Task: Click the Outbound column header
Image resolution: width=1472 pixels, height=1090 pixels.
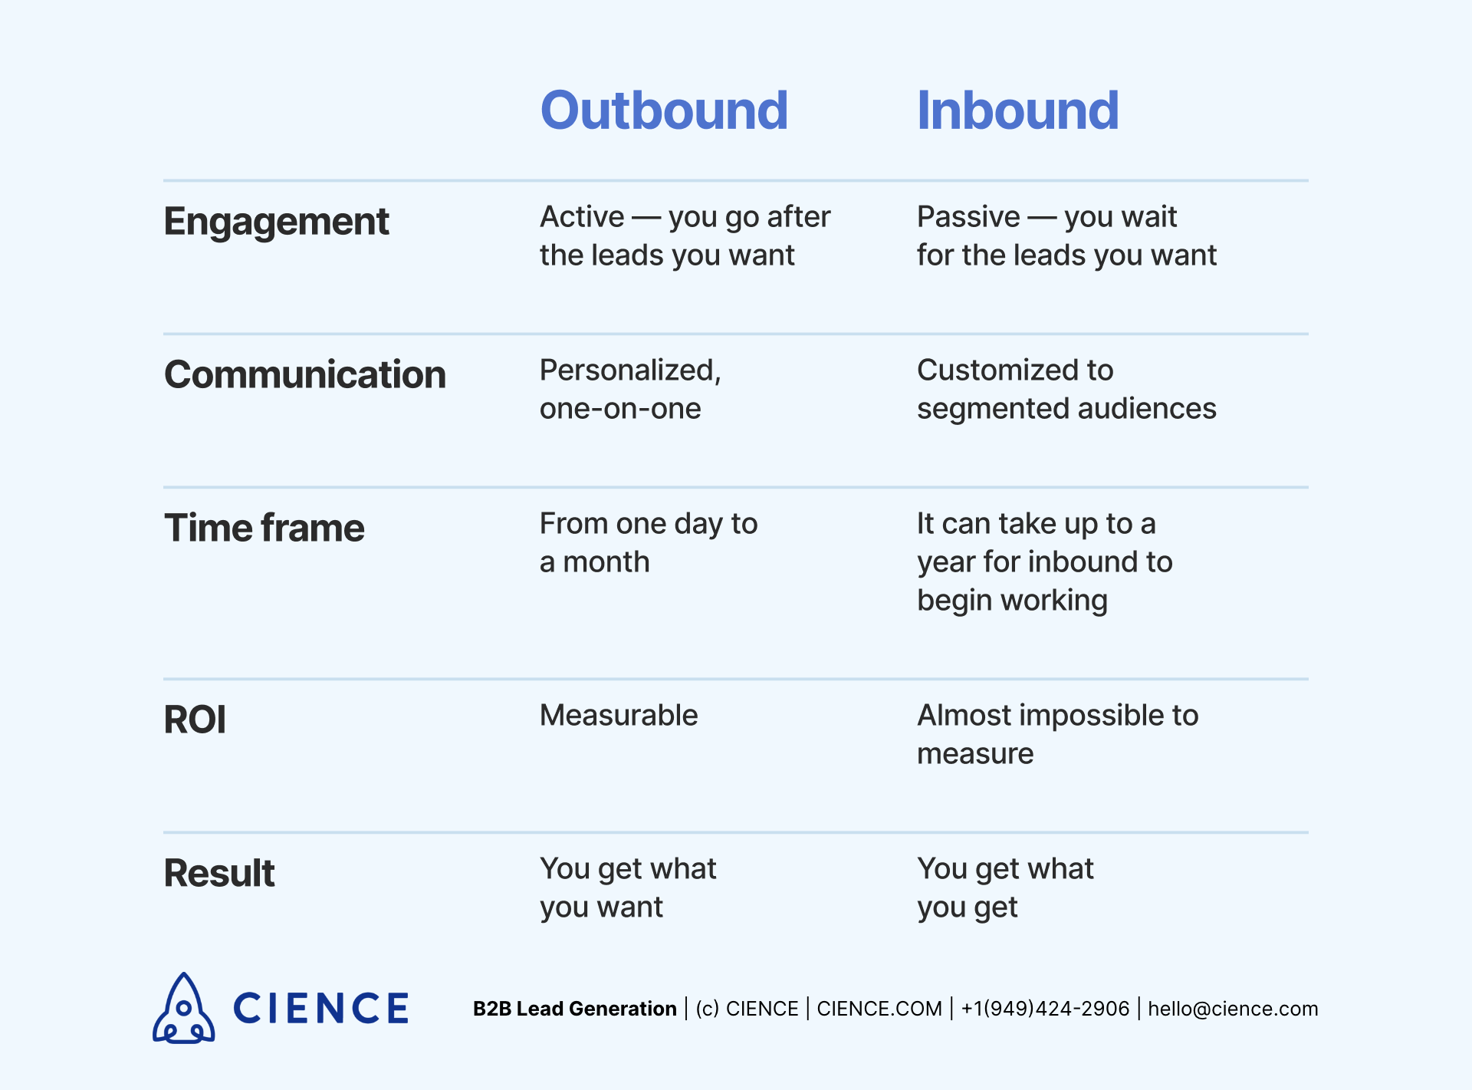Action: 664,110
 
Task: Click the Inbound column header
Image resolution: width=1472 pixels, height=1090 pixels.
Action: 1017,110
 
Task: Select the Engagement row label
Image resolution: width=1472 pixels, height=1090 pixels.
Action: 276,222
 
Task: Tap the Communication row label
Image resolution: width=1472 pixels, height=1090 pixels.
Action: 304,375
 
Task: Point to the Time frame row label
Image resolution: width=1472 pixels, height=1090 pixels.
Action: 264,529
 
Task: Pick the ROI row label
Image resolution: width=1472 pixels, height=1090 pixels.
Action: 195,720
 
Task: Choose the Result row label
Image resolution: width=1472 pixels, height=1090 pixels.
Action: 219,874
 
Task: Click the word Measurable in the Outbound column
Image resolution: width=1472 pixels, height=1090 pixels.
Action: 619,716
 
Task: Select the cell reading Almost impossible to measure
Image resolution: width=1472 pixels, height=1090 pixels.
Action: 1056,734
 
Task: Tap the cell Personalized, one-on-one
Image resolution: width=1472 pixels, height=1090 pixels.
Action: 630,389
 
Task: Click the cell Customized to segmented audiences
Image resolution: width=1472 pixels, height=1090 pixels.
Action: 1066,389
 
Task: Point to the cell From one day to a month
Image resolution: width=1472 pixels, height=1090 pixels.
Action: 648,542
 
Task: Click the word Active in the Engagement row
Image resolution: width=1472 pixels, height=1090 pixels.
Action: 582,217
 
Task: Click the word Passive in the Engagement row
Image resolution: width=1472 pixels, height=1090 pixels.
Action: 968,217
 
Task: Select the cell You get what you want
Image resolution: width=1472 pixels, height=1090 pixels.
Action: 627,887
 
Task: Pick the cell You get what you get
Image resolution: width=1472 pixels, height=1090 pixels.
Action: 1004,887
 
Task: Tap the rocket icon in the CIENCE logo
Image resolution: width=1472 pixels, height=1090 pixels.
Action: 184,1009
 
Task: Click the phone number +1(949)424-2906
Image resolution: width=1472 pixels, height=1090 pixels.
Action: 1045,1009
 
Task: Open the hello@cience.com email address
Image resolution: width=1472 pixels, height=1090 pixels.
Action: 1233,1009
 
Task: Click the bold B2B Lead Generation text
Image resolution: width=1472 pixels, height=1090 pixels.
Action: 574,1009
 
